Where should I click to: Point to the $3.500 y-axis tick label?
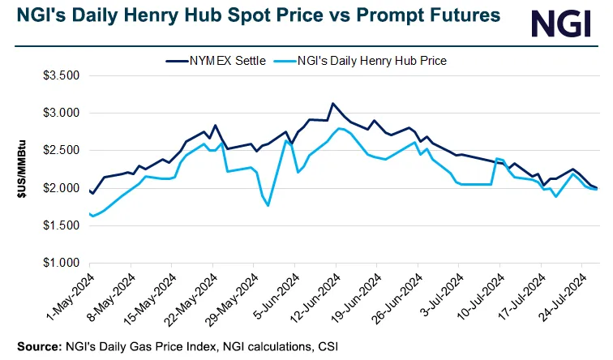click(61, 75)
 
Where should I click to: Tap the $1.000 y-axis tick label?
click(61, 264)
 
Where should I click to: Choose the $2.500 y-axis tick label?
click(61, 151)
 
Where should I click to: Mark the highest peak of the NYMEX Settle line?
click(332, 103)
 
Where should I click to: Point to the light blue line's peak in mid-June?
click(339, 128)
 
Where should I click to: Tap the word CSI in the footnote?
click(328, 347)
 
